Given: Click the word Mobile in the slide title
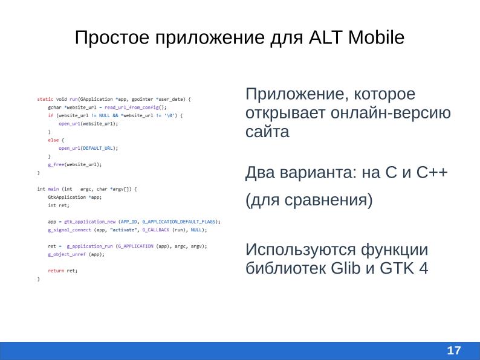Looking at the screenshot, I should (x=373, y=38).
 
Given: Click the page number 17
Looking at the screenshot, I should (x=453, y=350).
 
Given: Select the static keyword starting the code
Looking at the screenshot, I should (x=44, y=98).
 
